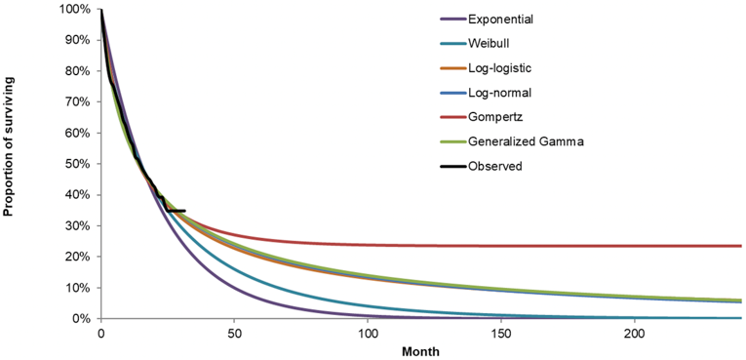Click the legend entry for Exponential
click(x=499, y=20)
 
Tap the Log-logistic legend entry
click(x=499, y=68)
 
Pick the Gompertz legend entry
click(x=493, y=117)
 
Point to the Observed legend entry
click(x=495, y=166)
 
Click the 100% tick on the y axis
click(x=75, y=10)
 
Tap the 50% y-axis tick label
click(x=78, y=164)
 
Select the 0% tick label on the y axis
click(x=82, y=319)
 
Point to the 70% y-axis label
click(x=78, y=102)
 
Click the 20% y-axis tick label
click(x=78, y=258)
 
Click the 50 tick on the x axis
click(x=234, y=334)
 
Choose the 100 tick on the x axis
click(x=367, y=334)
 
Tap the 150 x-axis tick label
click(x=500, y=334)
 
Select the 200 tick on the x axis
click(x=634, y=334)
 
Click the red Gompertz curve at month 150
click(x=500, y=246)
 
